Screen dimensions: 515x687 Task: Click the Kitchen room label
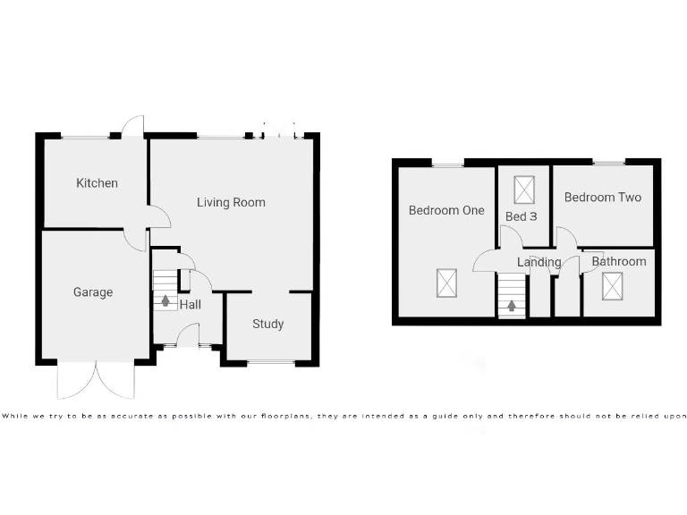point(97,183)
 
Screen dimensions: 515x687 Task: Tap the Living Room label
point(231,203)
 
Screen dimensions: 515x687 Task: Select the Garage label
point(93,292)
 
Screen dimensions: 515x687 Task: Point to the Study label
point(267,324)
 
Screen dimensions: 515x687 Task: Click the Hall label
point(190,305)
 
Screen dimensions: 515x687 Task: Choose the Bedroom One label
point(446,211)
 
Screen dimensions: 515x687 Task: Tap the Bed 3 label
point(522,217)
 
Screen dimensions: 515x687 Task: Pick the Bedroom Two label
point(602,198)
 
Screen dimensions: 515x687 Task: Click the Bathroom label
point(618,262)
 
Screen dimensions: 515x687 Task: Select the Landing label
point(539,263)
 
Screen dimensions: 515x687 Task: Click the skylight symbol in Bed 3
point(523,190)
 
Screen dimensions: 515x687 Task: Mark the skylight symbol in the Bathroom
point(614,286)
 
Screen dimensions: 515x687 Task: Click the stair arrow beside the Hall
point(165,300)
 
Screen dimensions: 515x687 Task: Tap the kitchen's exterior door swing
point(134,126)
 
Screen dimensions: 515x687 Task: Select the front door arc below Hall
point(189,336)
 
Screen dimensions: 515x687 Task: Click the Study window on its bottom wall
point(270,362)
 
